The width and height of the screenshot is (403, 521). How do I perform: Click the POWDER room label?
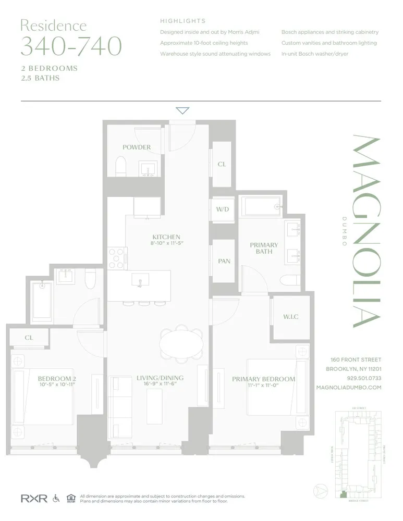pos(137,147)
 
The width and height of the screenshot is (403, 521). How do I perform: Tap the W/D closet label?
pos(223,209)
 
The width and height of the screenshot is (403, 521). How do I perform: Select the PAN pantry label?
pos(223,261)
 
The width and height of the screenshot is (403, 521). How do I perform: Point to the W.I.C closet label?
pos(291,317)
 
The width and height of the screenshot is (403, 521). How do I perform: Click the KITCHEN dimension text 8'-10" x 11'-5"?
pos(166,243)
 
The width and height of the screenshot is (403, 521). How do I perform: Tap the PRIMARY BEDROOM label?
pos(263,379)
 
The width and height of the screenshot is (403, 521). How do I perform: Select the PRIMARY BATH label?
pos(264,249)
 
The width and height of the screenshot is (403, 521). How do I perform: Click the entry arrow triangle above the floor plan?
pos(182,110)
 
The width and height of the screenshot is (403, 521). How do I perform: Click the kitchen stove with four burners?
pos(118,257)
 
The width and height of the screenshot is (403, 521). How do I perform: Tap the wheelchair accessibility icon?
pos(56,499)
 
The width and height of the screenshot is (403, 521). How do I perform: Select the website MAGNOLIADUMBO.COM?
pos(348,388)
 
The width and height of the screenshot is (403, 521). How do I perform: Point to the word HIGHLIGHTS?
pos(182,21)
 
